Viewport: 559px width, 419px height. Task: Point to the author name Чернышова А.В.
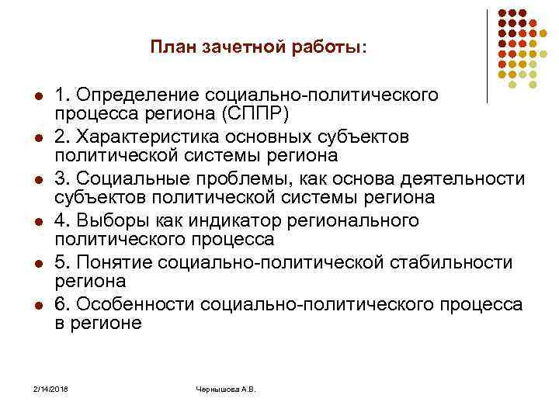[225, 388]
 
